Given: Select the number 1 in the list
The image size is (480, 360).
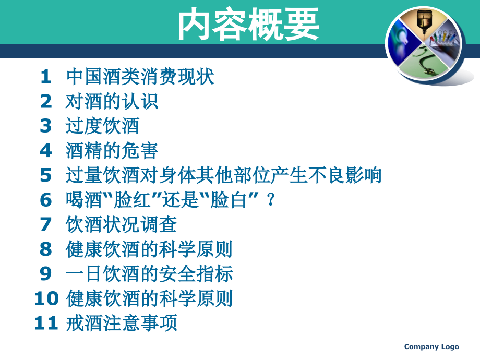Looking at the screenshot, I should pos(46,77).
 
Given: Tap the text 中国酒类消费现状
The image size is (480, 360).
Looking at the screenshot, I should pos(140,77).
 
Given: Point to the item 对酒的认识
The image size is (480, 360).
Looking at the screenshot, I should pos(112,102).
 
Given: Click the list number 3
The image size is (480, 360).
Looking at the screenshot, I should pos(46,126).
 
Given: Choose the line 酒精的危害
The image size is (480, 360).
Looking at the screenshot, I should pos(112,151).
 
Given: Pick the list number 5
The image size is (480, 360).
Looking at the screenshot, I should pos(46,175).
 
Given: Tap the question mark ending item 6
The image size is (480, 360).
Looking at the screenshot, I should pos(270,200).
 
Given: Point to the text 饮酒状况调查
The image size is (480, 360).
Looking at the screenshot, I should pos(122,224).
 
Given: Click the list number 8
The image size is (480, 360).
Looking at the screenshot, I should pos(46,249).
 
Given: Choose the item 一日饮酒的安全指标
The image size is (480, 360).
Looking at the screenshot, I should pos(150,274).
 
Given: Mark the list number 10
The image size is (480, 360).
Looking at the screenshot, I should pos(46,298).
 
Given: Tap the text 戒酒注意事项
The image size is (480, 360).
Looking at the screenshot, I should pos(122,323).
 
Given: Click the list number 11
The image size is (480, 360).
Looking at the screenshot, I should pos(46,323).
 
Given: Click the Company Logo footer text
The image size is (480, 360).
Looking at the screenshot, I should pos(431,347).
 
